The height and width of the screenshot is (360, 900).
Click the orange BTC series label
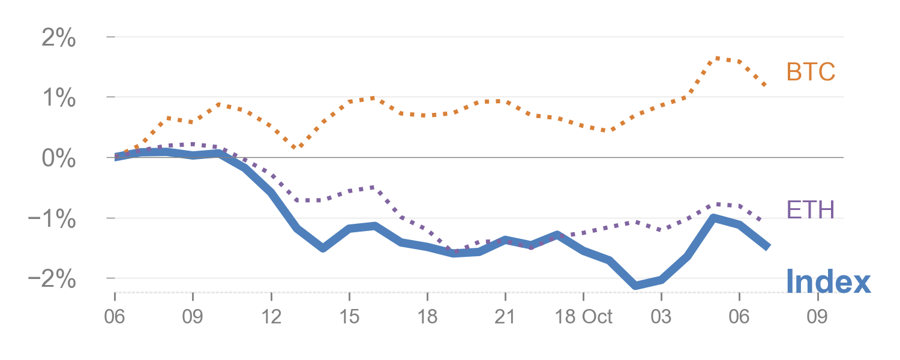811,73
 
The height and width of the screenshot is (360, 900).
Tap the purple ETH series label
810,209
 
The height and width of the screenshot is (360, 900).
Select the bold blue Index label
827,281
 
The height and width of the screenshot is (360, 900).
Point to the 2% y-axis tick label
59,38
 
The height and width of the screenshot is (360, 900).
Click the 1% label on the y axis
59,98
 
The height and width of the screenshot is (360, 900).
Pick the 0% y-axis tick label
59,158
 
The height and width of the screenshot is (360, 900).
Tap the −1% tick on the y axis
53,219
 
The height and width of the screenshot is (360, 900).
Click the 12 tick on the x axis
271,316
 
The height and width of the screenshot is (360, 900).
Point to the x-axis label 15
349,316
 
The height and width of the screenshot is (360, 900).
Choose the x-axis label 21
505,316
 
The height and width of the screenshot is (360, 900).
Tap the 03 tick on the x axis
661,316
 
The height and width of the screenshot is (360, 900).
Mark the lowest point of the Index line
635,285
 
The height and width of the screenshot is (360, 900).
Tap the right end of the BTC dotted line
766,86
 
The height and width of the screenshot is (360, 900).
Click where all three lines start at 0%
115,157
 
